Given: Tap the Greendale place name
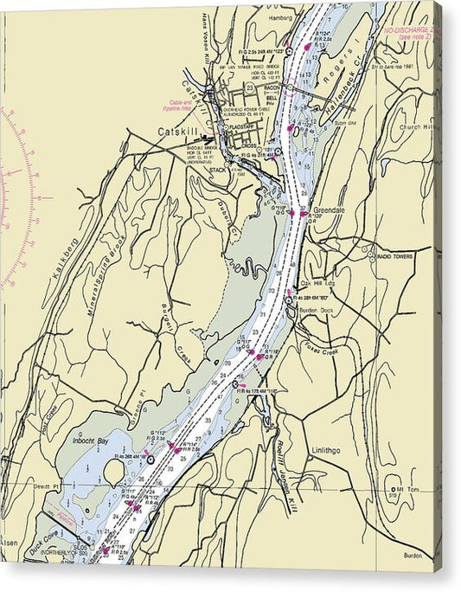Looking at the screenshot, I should (329, 210).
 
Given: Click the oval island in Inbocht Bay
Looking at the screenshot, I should (113, 472).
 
